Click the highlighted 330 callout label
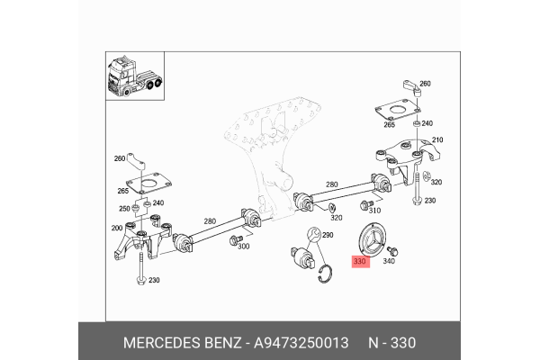360,263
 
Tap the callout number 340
389,263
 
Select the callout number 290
328,235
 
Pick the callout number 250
124,208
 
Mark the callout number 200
115,229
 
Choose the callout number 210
438,141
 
